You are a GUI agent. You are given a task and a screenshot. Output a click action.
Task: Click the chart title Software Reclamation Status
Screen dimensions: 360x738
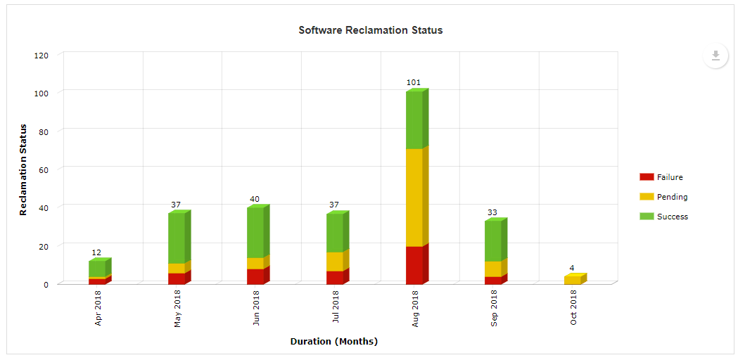[370, 30]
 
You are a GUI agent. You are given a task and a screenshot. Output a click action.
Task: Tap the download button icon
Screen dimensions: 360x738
[715, 56]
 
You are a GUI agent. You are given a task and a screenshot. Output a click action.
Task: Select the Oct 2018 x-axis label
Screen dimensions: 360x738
[574, 309]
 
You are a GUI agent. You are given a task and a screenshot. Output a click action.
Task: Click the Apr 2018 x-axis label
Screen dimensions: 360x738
[98, 309]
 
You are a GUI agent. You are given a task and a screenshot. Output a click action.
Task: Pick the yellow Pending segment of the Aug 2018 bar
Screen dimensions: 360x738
[415, 197]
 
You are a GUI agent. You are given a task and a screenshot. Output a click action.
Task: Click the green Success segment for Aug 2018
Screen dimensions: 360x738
[415, 120]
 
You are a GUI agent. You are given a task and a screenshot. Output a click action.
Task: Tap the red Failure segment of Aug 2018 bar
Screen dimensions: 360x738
[415, 265]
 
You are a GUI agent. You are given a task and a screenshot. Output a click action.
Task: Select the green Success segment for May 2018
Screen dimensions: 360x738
[177, 238]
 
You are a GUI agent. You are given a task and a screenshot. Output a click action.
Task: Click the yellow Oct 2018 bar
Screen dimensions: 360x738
[573, 280]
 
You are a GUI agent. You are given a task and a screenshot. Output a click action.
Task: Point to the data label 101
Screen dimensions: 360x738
[414, 83]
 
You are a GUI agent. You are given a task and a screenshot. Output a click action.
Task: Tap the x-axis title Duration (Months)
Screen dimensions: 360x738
[334, 342]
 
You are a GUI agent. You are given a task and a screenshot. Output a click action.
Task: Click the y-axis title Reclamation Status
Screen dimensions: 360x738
[23, 169]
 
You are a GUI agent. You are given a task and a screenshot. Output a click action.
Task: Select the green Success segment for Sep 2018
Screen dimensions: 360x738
[493, 240]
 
